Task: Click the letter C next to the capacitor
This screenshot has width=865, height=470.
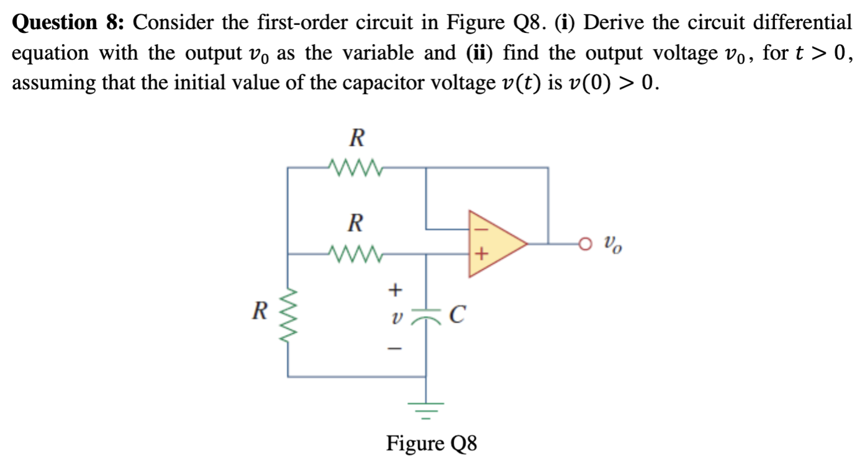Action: click(x=455, y=315)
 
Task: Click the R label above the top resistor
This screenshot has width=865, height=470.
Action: click(x=356, y=138)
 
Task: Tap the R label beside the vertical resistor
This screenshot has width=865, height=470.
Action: click(x=259, y=310)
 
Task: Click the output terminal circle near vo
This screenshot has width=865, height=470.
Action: click(x=584, y=244)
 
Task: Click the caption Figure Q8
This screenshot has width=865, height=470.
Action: click(x=432, y=443)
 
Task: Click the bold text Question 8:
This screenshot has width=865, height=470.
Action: click(x=69, y=24)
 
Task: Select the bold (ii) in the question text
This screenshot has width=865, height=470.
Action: click(x=480, y=53)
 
